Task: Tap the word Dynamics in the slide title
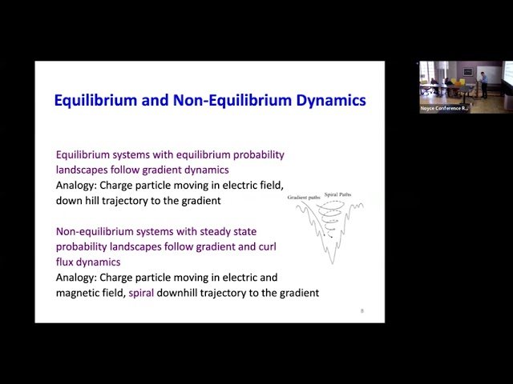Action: coord(326,101)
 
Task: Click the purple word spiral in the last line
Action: coord(144,293)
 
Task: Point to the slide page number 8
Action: coord(362,310)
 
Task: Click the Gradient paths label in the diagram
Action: coord(301,196)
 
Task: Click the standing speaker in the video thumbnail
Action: coord(483,83)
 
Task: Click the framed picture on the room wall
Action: coord(467,71)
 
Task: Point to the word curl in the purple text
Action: coord(269,246)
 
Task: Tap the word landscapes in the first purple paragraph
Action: coord(83,170)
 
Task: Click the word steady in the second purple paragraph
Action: coord(217,231)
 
